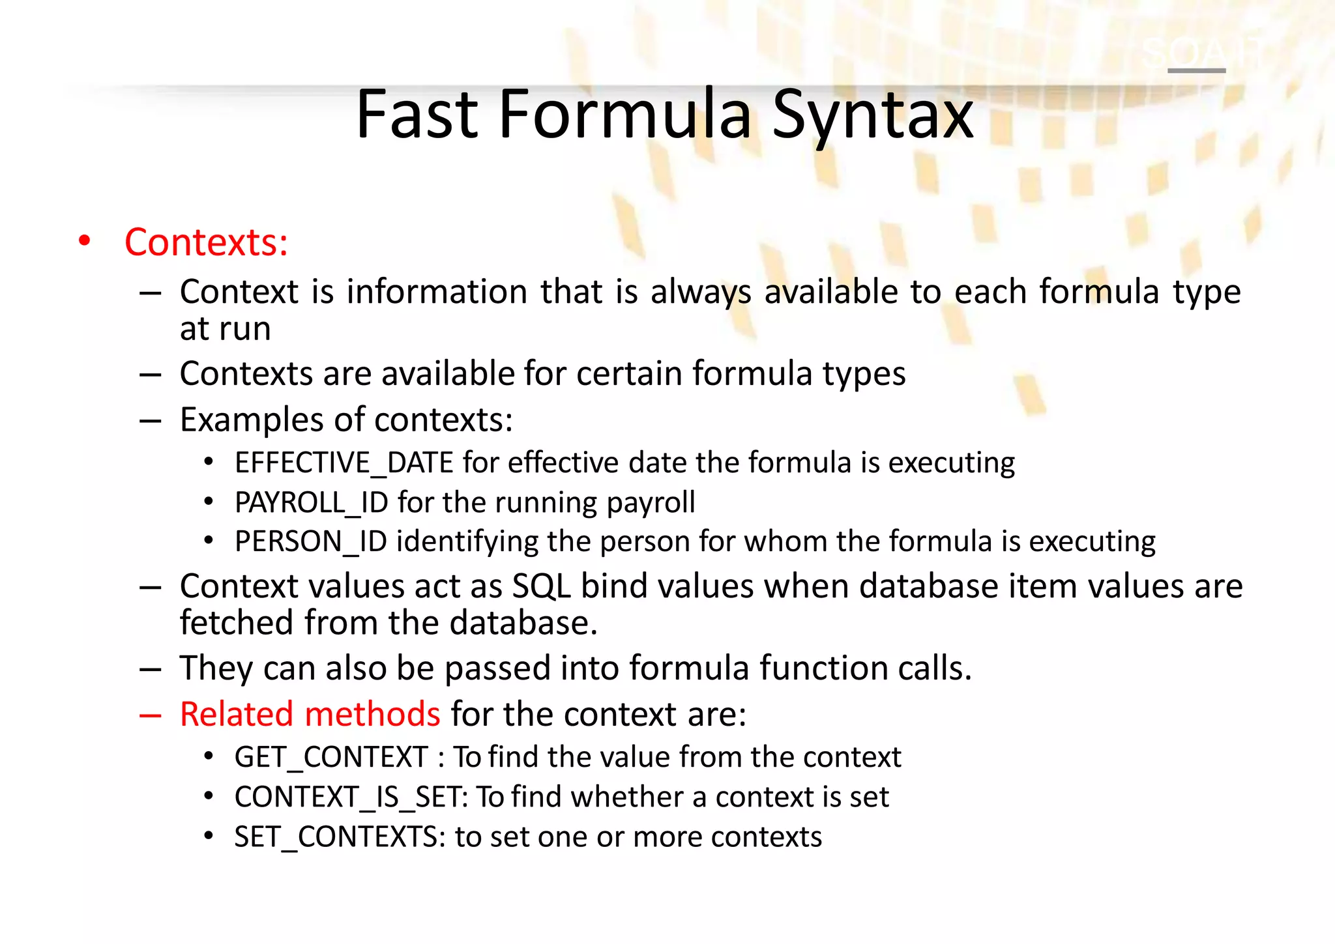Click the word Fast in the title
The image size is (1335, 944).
coord(417,116)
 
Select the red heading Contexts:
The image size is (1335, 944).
coord(206,243)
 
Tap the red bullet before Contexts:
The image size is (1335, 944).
coord(84,241)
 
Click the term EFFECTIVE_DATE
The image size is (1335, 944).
coord(344,463)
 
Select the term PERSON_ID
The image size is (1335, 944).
coord(310,542)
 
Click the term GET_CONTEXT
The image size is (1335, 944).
coord(330,758)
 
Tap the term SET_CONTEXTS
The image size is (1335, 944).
coord(337,837)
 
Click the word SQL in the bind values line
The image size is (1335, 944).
coord(541,586)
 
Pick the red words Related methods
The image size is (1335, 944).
coord(310,714)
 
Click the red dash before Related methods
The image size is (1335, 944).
coord(150,715)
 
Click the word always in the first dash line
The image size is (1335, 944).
coord(701,292)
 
